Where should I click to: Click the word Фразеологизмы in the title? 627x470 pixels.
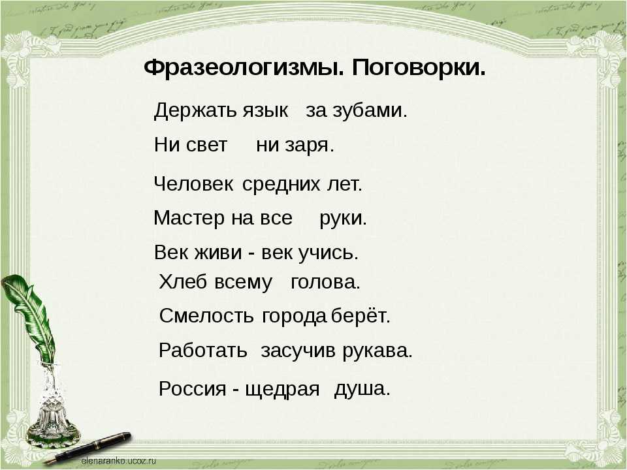pyautogui.click(x=244, y=69)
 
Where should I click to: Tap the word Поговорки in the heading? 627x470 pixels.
pyautogui.click(x=419, y=67)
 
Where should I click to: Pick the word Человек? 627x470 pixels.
pyautogui.click(x=193, y=184)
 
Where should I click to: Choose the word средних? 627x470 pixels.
pyautogui.click(x=281, y=184)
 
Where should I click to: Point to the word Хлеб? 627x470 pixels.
pyautogui.click(x=183, y=282)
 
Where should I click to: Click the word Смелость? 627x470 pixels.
pyautogui.click(x=206, y=316)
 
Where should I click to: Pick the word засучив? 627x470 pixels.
pyautogui.click(x=298, y=351)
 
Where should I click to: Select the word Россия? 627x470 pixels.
pyautogui.click(x=192, y=388)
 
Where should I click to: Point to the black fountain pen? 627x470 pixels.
pyautogui.click(x=88, y=448)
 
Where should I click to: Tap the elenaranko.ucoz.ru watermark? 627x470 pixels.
pyautogui.click(x=118, y=461)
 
